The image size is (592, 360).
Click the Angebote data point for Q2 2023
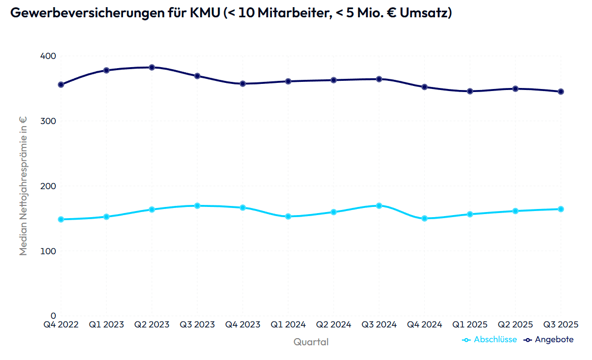pyautogui.click(x=151, y=67)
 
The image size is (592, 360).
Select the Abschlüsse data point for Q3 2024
pyautogui.click(x=379, y=205)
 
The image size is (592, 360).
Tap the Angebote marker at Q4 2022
pyautogui.click(x=60, y=84)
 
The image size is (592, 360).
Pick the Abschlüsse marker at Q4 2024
pyautogui.click(x=424, y=219)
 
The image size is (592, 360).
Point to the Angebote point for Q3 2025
pyautogui.click(x=561, y=92)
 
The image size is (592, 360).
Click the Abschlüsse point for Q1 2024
pyautogui.click(x=288, y=217)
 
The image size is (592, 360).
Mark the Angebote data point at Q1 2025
pyautogui.click(x=470, y=91)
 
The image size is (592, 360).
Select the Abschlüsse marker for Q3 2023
pyautogui.click(x=197, y=205)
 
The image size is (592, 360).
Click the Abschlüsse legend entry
pyautogui.click(x=495, y=340)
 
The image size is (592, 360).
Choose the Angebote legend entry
pyautogui.click(x=554, y=340)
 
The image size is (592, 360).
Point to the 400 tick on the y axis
pyautogui.click(x=48, y=55)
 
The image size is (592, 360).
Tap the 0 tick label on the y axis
pyautogui.click(x=53, y=316)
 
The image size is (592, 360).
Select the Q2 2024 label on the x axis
pyautogui.click(x=333, y=324)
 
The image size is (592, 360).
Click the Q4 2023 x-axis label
pyautogui.click(x=242, y=324)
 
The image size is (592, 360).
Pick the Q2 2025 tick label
pyautogui.click(x=515, y=324)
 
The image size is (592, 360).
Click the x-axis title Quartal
pyautogui.click(x=310, y=342)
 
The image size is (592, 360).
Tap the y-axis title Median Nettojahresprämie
pyautogui.click(x=23, y=186)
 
